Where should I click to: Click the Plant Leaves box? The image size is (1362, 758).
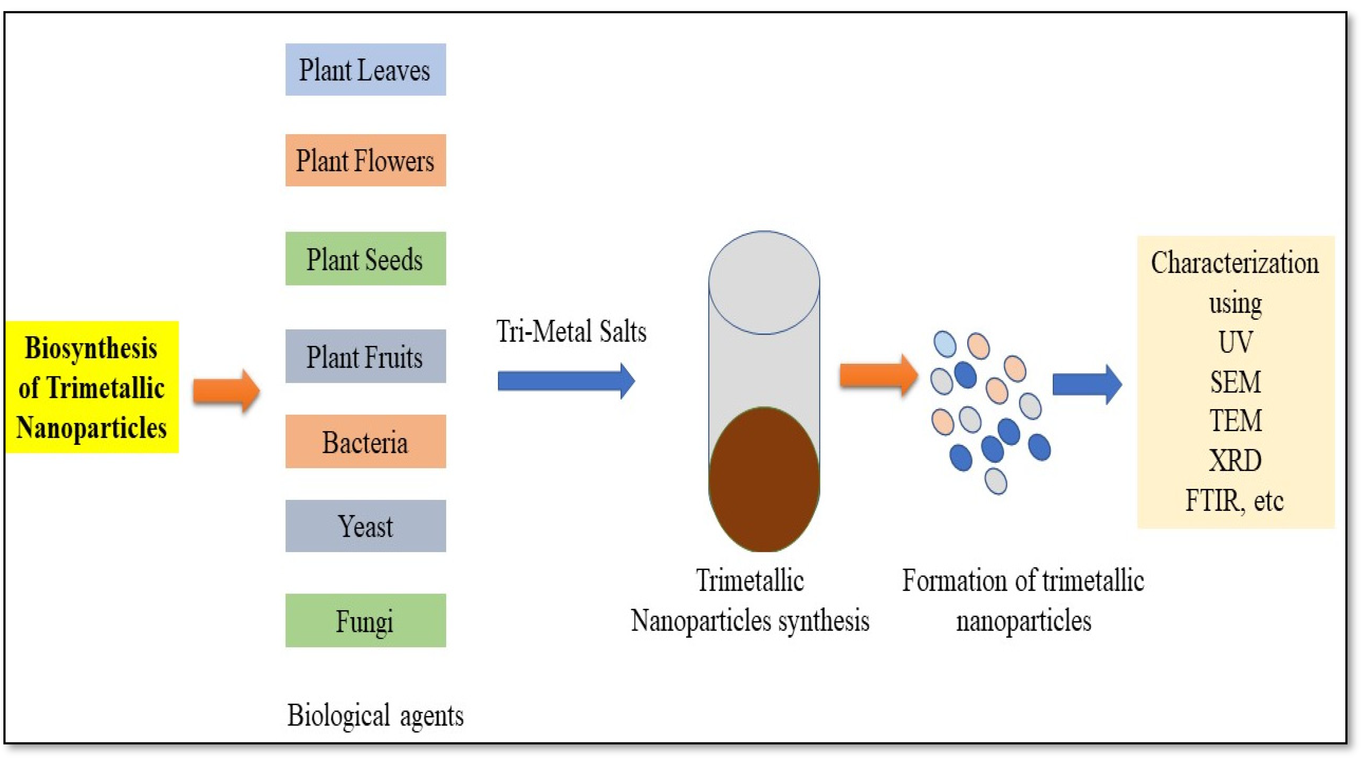(x=365, y=70)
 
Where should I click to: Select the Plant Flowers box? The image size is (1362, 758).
(x=365, y=160)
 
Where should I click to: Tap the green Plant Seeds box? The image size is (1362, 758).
(x=365, y=259)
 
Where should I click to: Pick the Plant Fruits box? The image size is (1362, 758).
(x=365, y=356)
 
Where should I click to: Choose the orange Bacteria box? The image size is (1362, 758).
(x=365, y=441)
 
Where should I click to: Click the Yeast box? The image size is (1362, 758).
(x=365, y=526)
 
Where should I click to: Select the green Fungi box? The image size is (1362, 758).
(x=365, y=621)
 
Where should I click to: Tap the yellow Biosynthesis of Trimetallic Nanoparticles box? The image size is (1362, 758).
(x=92, y=387)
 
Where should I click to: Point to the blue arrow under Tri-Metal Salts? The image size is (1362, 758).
(x=566, y=381)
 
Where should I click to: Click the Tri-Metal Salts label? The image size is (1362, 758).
(x=571, y=331)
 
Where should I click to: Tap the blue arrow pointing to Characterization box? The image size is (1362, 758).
(x=1087, y=384)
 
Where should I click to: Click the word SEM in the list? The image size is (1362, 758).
(x=1235, y=382)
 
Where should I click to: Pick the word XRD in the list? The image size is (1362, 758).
(x=1235, y=460)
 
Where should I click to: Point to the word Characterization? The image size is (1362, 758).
(x=1235, y=263)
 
